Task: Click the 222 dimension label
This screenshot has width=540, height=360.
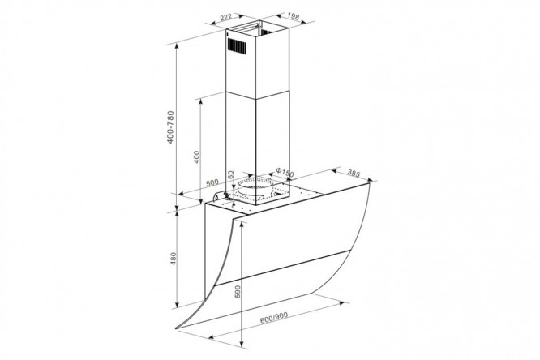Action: point(226,17)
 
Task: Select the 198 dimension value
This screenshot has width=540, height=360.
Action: point(293,16)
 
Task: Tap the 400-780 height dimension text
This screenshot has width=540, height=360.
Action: point(171,127)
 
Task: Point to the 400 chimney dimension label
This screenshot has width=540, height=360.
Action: point(197,156)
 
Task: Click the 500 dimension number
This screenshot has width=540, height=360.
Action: point(212,182)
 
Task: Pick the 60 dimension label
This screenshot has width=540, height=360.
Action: point(231,174)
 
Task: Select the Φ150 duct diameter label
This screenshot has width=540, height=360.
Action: point(285,172)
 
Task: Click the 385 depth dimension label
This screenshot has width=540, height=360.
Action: point(354,173)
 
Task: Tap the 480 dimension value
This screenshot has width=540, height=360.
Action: point(174,259)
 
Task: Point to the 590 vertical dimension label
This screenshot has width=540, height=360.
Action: point(238,291)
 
